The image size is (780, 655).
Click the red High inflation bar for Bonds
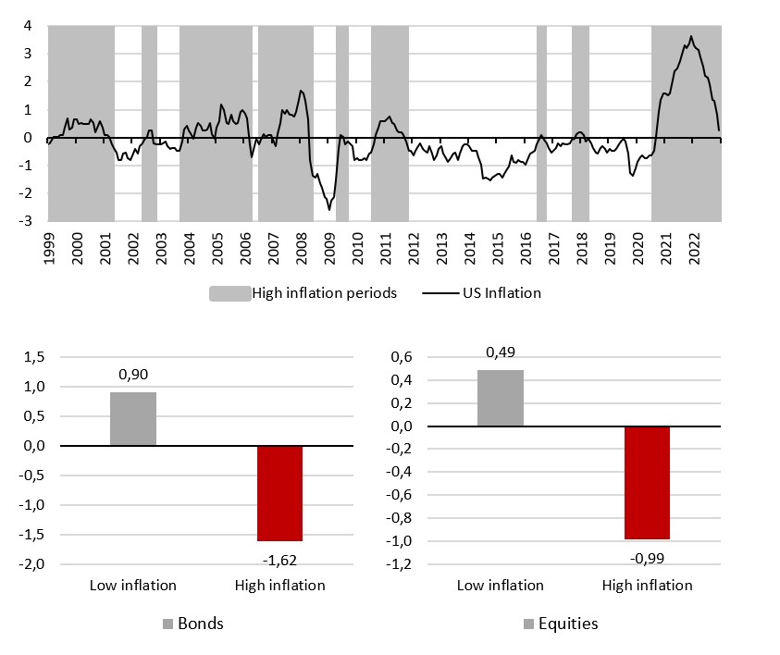point(280,493)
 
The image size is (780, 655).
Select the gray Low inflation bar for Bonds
point(133,419)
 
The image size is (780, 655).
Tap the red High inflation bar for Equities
point(648,483)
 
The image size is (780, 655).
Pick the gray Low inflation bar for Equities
point(501,398)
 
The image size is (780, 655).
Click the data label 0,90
point(133,376)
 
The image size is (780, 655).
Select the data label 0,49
point(501,352)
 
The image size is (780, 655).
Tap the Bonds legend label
point(203,624)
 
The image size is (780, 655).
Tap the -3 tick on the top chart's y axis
point(29,221)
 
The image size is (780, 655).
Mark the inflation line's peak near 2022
point(691,37)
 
